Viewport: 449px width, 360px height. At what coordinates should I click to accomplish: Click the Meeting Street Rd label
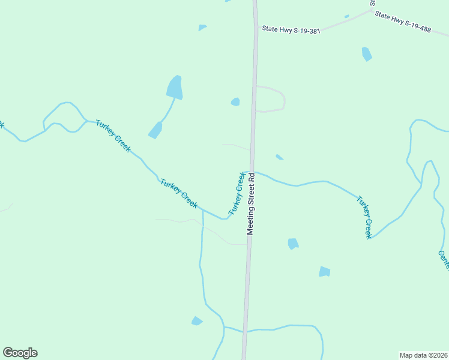(x=252, y=204)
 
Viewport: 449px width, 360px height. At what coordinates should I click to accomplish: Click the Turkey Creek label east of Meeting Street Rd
(x=364, y=217)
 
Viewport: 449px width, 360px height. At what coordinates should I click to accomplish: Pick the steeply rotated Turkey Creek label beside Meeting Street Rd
(x=237, y=194)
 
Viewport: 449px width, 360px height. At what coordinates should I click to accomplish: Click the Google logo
(x=20, y=353)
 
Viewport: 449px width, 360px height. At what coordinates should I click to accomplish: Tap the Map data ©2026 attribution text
(x=423, y=355)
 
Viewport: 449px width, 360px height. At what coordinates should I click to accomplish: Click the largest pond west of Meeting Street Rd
(x=174, y=88)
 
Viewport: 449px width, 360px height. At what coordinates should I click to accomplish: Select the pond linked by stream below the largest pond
(x=155, y=130)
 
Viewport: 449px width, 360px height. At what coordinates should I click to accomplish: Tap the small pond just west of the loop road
(x=235, y=102)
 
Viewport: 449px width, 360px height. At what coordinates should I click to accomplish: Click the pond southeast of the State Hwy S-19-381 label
(x=366, y=54)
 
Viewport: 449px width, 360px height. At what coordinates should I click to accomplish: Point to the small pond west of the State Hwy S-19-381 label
(x=202, y=27)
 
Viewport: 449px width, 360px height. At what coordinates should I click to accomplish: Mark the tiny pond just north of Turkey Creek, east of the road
(x=279, y=157)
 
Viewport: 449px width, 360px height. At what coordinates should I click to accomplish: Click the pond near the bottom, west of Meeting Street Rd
(x=196, y=321)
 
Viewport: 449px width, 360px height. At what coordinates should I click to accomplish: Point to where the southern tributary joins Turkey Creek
(x=203, y=211)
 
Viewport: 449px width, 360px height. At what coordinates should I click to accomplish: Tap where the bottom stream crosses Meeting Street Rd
(x=244, y=331)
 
